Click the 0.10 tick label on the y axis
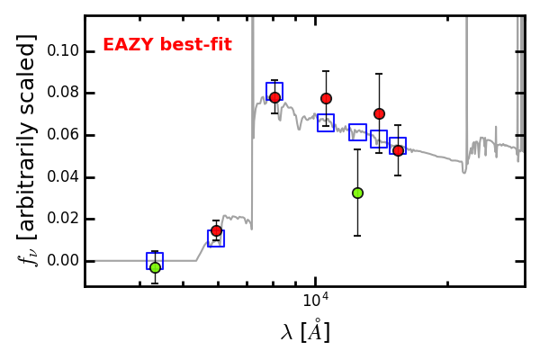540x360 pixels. click(63, 51)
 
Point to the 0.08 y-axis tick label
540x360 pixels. click(63, 93)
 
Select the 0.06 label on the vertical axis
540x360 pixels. click(63, 135)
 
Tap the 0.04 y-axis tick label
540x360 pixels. click(63, 177)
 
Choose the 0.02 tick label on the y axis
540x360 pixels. click(63, 219)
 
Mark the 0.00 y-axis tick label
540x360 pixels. click(63, 261)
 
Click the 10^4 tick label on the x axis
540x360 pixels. click(316, 300)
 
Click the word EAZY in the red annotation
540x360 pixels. click(128, 45)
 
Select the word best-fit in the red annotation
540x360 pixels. click(196, 45)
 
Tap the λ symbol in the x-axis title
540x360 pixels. click(286, 332)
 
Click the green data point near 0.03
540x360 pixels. click(358, 193)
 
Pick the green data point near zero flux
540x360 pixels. click(156, 267)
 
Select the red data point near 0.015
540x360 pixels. click(216, 230)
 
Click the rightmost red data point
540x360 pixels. click(398, 151)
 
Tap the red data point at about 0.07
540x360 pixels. click(379, 113)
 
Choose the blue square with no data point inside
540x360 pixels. click(357, 125)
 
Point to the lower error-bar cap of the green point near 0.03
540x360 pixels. click(357, 236)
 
